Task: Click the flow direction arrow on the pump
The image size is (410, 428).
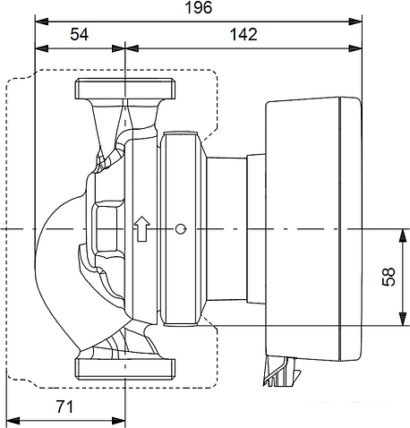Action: point(141,229)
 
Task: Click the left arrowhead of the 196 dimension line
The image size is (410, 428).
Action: point(38,20)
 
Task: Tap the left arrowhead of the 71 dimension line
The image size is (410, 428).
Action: point(11,418)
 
